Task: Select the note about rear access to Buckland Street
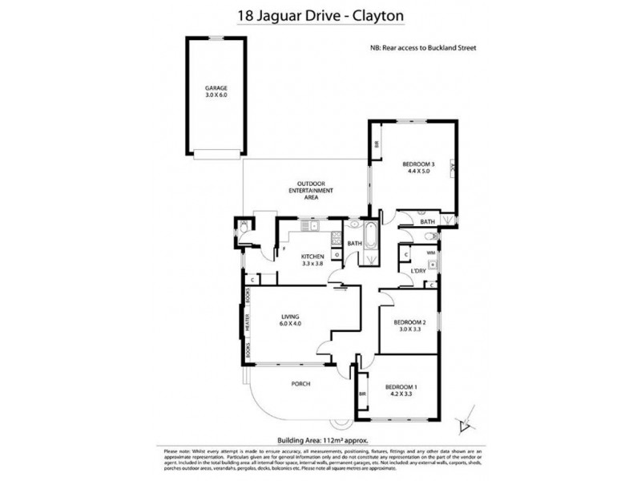pyautogui.click(x=424, y=48)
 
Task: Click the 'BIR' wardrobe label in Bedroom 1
pyautogui.click(x=362, y=394)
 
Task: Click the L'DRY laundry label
pyautogui.click(x=417, y=271)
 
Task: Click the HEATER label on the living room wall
pyautogui.click(x=248, y=322)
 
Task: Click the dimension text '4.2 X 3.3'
pyautogui.click(x=397, y=394)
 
